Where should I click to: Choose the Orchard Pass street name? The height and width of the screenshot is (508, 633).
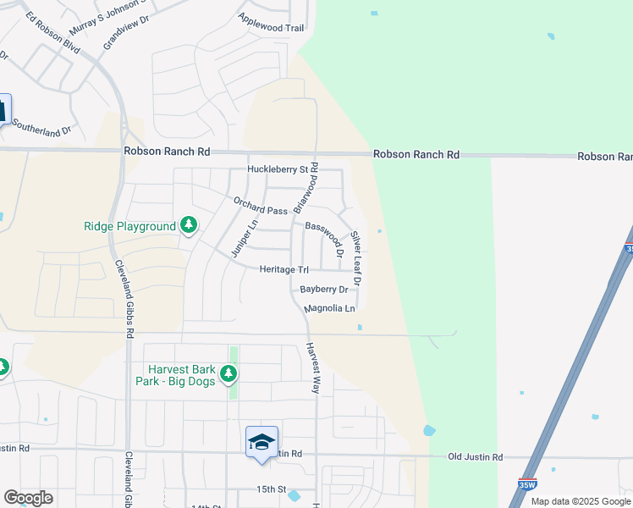pyautogui.click(x=261, y=206)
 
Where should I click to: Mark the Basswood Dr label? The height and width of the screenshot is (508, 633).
pyautogui.click(x=325, y=238)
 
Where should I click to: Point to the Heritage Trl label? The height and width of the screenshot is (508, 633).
pyautogui.click(x=283, y=269)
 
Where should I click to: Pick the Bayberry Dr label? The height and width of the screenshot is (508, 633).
pyautogui.click(x=324, y=290)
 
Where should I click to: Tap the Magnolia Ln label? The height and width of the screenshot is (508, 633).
pyautogui.click(x=330, y=309)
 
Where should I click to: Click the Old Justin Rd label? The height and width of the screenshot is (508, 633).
pyautogui.click(x=475, y=457)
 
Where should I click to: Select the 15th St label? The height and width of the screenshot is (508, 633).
pyautogui.click(x=272, y=489)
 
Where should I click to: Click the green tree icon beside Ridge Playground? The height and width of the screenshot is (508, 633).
pyautogui.click(x=188, y=226)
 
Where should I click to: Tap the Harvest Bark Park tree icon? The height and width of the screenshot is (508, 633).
pyautogui.click(x=228, y=373)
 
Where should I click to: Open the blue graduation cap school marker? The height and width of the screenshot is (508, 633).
pyautogui.click(x=261, y=443)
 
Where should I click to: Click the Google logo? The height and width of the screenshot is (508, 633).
pyautogui.click(x=28, y=498)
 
